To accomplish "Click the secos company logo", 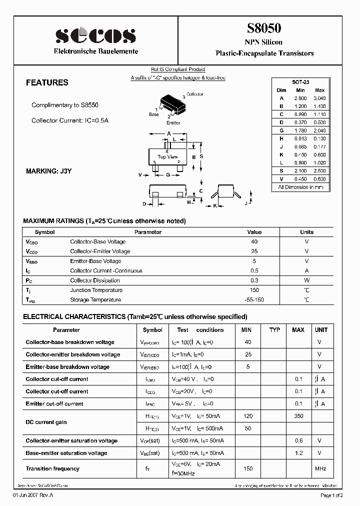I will click(x=95, y=35).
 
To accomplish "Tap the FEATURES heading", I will click(x=47, y=83).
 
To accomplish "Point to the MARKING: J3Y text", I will click(x=49, y=171).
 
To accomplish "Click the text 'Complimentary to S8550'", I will click(x=65, y=105).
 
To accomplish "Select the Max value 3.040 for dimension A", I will click(x=319, y=98).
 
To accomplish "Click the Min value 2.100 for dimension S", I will click(x=300, y=171).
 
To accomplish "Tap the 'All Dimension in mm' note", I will click(x=300, y=187).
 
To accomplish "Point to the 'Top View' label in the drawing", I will click(x=167, y=157).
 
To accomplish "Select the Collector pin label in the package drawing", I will click(x=194, y=94).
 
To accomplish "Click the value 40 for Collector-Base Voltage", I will click(x=254, y=242).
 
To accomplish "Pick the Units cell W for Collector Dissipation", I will click(x=306, y=280).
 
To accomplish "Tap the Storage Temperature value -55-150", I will click(x=254, y=300).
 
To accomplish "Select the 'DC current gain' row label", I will click(x=46, y=422).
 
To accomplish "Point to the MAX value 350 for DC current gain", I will click(x=298, y=416).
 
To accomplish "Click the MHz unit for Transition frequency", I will click(x=320, y=469).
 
